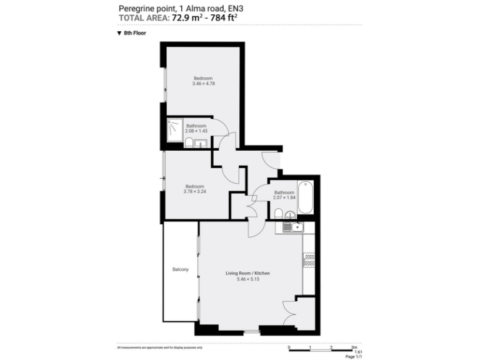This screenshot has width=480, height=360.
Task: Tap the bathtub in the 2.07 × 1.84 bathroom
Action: point(306,196)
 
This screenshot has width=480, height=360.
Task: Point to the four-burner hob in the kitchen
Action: point(308,259)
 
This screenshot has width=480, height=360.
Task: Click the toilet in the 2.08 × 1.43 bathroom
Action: point(189,144)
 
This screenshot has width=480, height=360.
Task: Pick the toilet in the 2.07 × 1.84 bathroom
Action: point(277,214)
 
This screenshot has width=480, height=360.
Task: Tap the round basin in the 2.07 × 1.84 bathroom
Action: point(289,216)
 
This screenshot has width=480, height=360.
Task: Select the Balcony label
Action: point(181,269)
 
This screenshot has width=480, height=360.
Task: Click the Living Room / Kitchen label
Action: point(247,273)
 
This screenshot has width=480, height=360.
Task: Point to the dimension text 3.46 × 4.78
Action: point(203,84)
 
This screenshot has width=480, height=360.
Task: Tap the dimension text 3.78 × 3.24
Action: point(194,191)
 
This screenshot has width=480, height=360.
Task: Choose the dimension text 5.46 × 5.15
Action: point(247,279)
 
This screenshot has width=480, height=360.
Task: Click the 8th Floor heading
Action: point(134,32)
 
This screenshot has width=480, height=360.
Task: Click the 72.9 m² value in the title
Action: point(189,18)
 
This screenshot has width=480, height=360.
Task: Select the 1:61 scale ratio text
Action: point(358,352)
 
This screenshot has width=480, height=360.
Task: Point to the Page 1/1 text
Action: point(354,357)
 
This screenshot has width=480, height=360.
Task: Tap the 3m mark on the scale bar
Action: point(354,347)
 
